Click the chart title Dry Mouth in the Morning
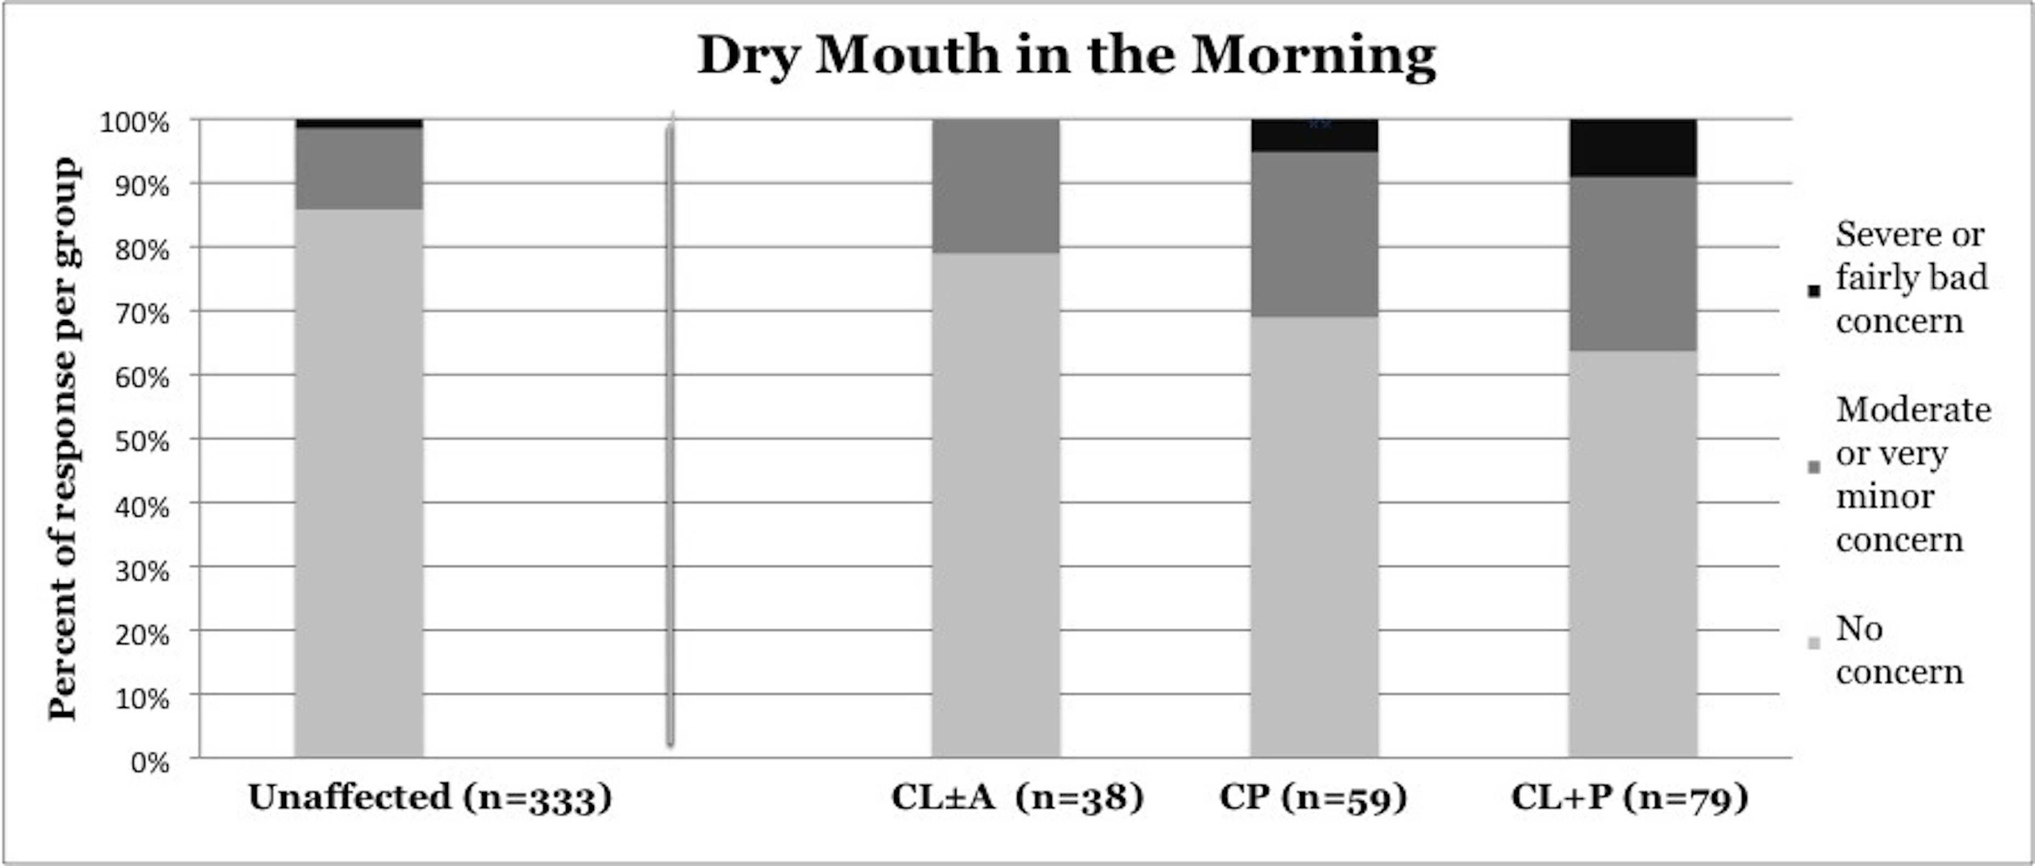point(1066,55)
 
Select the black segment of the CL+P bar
point(1632,148)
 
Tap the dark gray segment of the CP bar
point(1315,234)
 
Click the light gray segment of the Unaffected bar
point(359,482)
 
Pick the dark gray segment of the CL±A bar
point(995,185)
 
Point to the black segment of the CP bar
point(1315,136)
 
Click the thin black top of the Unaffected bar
point(359,123)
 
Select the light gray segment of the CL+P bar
point(1632,553)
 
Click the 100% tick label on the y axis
point(135,123)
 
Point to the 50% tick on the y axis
point(142,441)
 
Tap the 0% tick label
point(150,763)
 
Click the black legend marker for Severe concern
point(1814,291)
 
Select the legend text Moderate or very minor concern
point(1912,475)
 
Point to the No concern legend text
point(1898,650)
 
